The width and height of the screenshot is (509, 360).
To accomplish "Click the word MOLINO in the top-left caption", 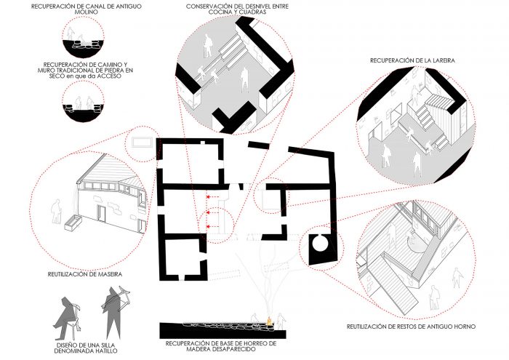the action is pyautogui.click(x=87, y=12).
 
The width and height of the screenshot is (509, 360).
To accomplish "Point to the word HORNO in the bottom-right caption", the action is pyautogui.click(x=464, y=327).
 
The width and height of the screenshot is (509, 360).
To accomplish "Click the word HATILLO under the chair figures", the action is pyautogui.click(x=103, y=351).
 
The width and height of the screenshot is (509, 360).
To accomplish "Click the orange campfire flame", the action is pyautogui.click(x=269, y=321).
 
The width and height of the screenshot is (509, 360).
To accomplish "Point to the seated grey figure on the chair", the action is pyautogui.click(x=68, y=317).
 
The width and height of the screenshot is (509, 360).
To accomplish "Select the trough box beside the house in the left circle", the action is pyautogui.click(x=73, y=223).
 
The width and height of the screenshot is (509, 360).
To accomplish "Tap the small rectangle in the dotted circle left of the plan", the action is pyautogui.click(x=143, y=143).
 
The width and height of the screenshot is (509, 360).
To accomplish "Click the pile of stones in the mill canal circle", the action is pyautogui.click(x=85, y=46).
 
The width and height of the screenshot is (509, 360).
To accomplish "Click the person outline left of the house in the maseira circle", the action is pyautogui.click(x=56, y=211).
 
